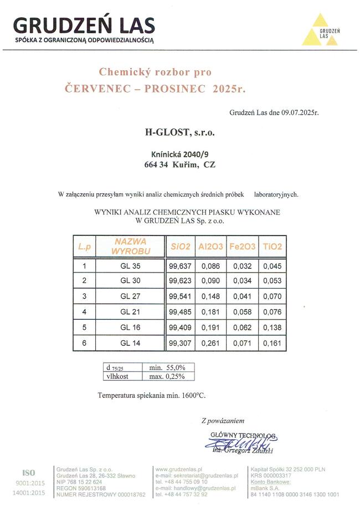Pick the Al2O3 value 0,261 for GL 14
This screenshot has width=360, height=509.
(x=210, y=343)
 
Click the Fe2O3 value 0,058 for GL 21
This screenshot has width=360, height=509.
(x=241, y=312)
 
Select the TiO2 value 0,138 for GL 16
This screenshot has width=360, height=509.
(x=272, y=327)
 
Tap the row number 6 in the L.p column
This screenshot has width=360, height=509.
(x=84, y=343)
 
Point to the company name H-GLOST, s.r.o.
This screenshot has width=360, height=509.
(x=179, y=132)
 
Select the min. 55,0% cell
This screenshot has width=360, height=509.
(x=163, y=368)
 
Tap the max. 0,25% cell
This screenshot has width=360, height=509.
(x=163, y=376)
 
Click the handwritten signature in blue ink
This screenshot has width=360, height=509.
(x=242, y=443)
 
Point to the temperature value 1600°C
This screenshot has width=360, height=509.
(x=191, y=395)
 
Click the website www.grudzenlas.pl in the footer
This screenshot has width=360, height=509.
(x=178, y=469)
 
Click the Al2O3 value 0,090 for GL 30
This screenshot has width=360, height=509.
(x=210, y=281)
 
